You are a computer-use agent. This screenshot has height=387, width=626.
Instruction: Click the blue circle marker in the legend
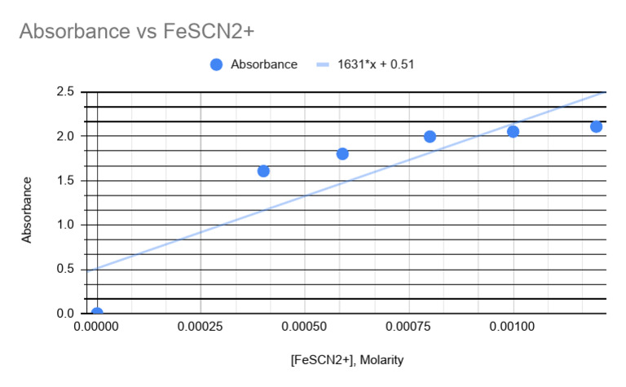216,64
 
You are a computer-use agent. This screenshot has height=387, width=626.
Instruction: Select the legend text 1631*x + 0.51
377,64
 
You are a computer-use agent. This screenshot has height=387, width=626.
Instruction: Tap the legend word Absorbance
264,64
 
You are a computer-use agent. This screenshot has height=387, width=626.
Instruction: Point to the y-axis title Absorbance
27,209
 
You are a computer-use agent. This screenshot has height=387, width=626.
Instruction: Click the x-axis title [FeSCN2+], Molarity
347,359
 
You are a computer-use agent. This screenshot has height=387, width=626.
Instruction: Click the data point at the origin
97,313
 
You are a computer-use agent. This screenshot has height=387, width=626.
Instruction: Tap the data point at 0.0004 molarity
263,171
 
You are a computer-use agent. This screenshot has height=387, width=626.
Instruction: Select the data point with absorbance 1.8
342,154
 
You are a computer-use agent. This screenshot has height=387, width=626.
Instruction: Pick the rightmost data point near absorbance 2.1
596,126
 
